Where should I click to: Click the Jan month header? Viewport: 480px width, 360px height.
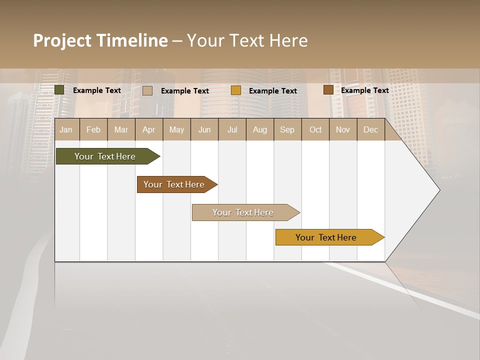[66, 130]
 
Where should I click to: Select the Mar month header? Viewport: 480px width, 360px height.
[121, 130]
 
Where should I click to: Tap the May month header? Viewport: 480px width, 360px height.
[176, 130]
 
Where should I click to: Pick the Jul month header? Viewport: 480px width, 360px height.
[232, 130]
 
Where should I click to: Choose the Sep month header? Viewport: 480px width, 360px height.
[287, 130]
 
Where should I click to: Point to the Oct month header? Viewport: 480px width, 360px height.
[315, 130]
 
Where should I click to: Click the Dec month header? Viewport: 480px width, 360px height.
[370, 130]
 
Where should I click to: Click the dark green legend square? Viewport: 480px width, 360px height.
[59, 90]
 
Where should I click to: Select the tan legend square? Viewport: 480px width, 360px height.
[147, 90]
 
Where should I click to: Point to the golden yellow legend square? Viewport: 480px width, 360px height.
[236, 90]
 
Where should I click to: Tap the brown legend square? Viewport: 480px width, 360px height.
[328, 90]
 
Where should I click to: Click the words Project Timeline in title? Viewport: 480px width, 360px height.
[100, 40]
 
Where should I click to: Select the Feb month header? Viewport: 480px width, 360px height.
[93, 130]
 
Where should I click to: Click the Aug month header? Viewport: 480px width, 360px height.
[259, 130]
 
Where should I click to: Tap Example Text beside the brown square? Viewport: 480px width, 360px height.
[364, 90]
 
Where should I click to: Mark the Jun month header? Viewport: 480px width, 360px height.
[204, 130]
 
